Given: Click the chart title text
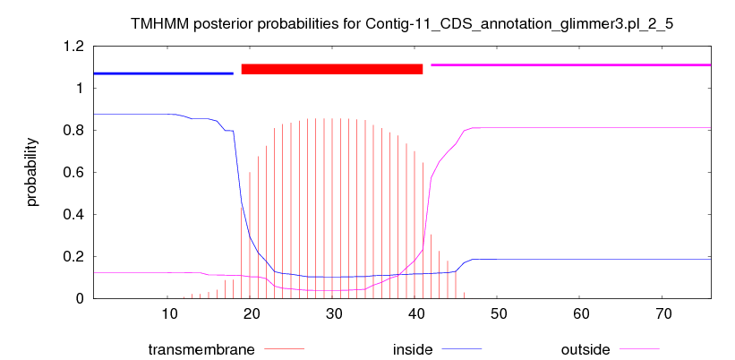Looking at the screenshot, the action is [402, 24].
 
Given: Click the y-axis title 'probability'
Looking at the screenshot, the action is [32, 173].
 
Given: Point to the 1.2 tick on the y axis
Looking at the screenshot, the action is [74, 47].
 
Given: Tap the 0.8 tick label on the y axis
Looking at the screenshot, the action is [74, 131].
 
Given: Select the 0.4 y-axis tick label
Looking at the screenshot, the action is [74, 215].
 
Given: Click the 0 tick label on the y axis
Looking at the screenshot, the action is [81, 298].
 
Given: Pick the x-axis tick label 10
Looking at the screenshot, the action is [168, 313].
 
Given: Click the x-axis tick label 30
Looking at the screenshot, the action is [333, 313].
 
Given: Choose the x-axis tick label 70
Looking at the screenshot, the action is [662, 313].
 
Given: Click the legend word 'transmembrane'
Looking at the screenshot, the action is [201, 349].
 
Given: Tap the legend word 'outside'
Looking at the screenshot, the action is [585, 349].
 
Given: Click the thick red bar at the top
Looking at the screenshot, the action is [332, 69].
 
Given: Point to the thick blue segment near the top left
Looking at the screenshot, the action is [163, 73].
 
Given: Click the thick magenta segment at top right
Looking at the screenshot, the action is [571, 64].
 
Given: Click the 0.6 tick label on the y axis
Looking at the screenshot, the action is [74, 173].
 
